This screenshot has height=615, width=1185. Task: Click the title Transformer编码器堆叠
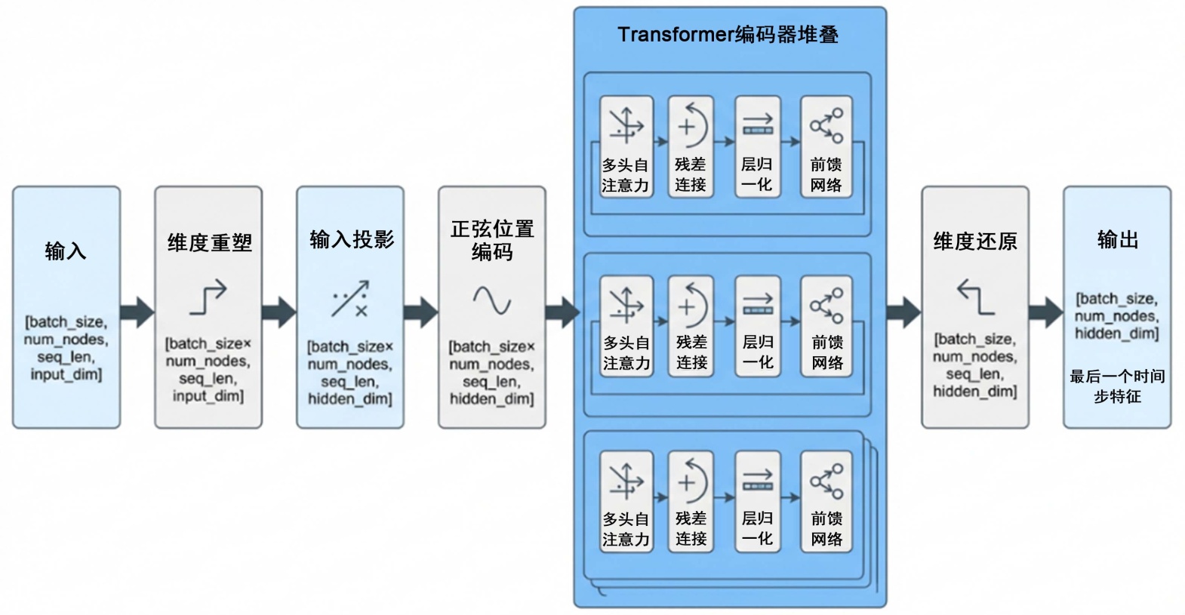pos(728,35)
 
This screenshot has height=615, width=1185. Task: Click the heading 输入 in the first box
pos(66,251)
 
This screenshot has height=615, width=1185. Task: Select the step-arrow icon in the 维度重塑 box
pos(208,297)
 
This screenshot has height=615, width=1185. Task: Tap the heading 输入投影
pos(352,240)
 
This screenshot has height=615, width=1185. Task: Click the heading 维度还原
pos(975,241)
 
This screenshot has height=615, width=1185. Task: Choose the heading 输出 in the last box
pos(1118,240)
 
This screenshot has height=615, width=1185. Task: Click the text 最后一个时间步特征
pos(1117,386)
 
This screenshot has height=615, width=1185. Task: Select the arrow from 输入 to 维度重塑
pos(137,312)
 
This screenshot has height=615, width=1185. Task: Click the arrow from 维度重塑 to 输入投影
pos(279,312)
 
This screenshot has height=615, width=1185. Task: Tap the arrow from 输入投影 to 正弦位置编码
pos(420,312)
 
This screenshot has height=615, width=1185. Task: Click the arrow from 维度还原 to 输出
pos(1046,312)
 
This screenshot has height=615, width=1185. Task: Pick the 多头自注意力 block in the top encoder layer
pos(626,147)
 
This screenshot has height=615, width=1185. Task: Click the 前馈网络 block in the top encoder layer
pos(826,147)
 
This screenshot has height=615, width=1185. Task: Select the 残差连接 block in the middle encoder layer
pos(691,325)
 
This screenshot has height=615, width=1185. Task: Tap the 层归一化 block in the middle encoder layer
pos(758,325)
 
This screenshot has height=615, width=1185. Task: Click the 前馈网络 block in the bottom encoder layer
pos(826,502)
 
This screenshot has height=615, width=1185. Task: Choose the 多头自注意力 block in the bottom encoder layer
pos(626,502)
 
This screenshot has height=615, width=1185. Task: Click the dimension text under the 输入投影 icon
pos(350,373)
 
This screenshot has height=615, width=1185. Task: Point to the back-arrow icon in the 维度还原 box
pos(975,297)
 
